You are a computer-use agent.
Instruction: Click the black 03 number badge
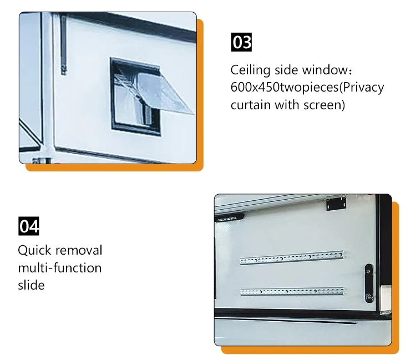241,42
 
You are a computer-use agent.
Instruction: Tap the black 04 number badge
29,226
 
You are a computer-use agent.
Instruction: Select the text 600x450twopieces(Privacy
307,88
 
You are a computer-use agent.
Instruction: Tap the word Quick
34,250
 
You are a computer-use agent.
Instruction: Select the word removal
79,250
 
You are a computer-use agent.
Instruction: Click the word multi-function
60,268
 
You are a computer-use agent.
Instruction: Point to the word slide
31,285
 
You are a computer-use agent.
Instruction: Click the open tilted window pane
165,93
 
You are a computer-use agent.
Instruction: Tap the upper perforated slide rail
292,257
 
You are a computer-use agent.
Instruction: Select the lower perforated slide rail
292,291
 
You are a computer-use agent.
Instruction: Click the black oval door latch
368,283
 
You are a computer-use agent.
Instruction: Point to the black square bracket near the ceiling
336,204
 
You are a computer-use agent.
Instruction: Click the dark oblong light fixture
229,218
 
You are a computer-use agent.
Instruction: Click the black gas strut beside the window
64,44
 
